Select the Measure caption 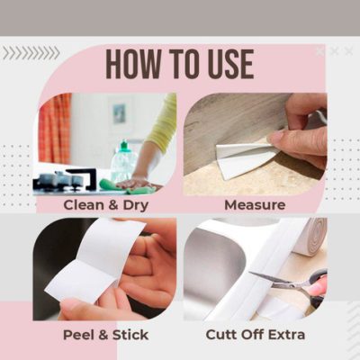tap(256, 205)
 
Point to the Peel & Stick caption tap(105, 335)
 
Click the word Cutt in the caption tap(226, 335)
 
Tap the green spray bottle tap(122, 162)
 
